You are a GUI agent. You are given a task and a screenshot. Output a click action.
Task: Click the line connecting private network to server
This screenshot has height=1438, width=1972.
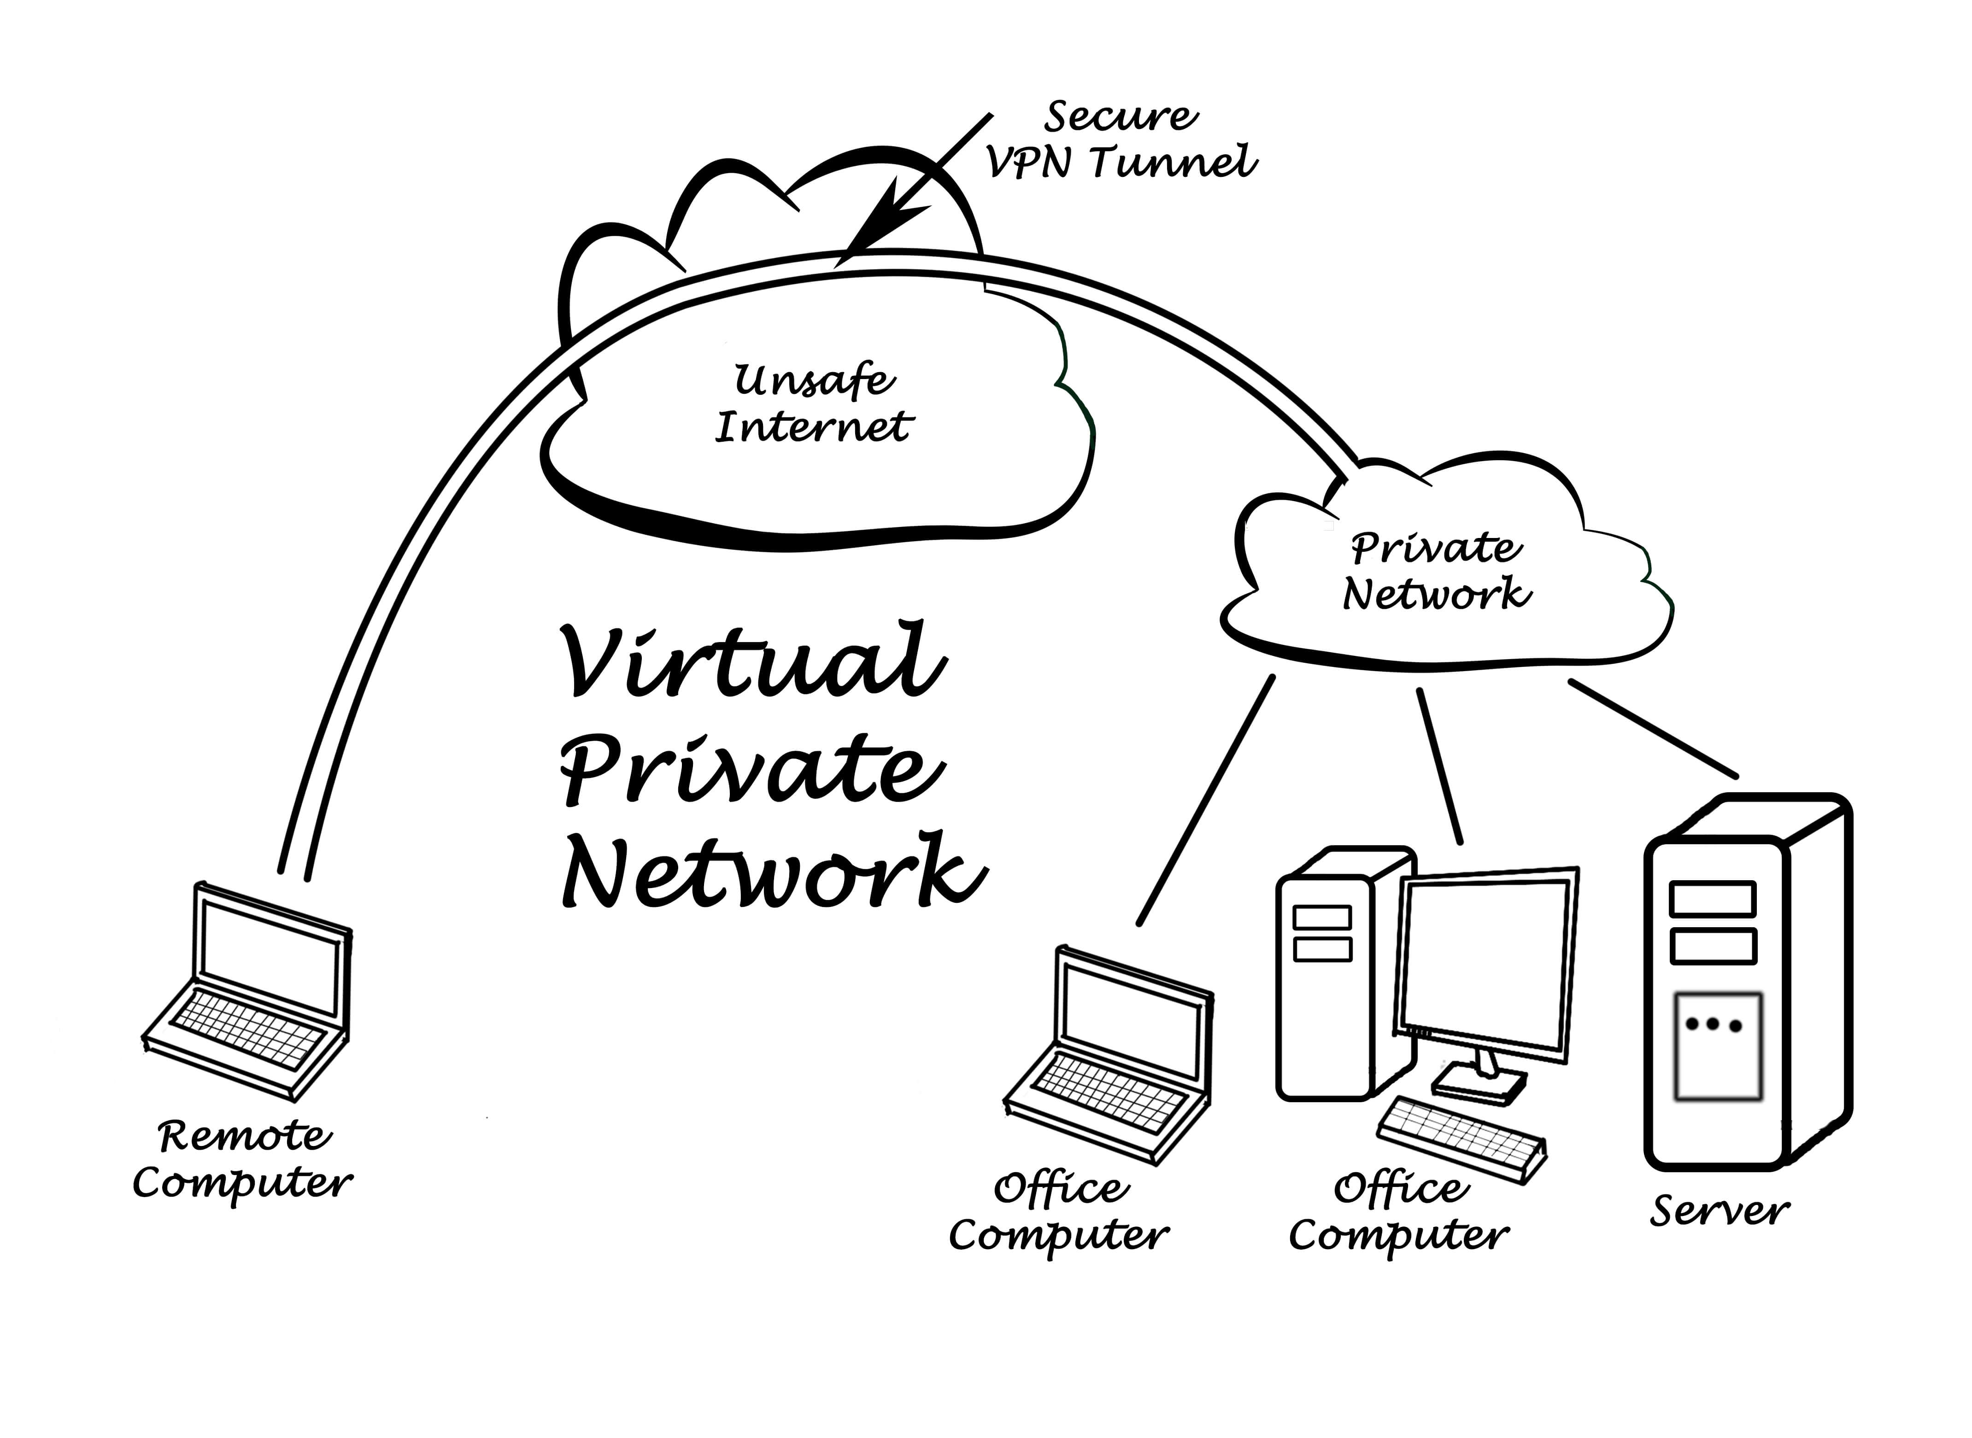[x=1653, y=729]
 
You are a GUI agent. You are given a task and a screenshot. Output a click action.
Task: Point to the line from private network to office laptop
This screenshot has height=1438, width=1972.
[x=1206, y=801]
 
